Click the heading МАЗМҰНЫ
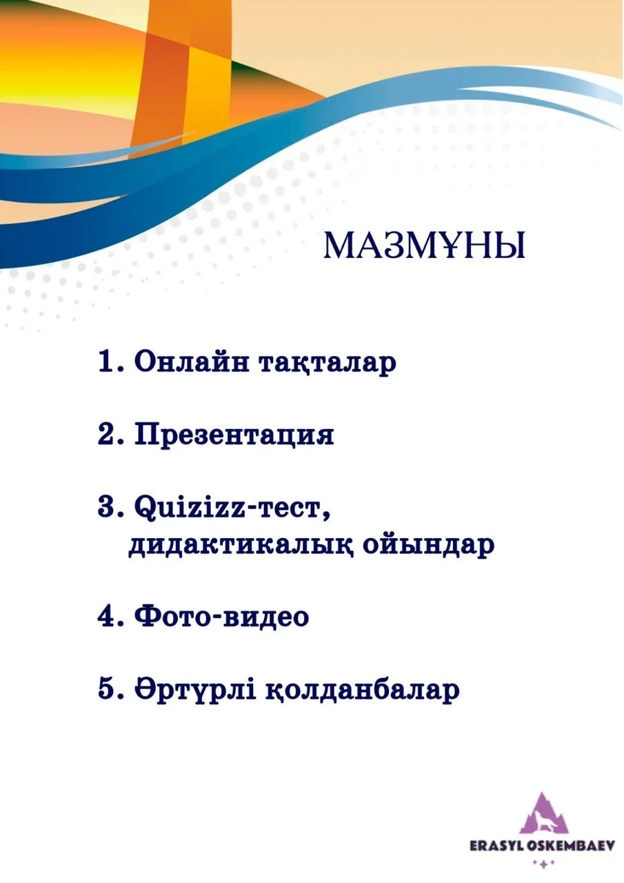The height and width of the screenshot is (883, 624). [424, 246]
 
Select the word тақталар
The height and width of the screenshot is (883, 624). [327, 364]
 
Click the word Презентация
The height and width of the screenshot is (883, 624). [234, 436]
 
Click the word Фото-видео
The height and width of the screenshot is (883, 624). [221, 616]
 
